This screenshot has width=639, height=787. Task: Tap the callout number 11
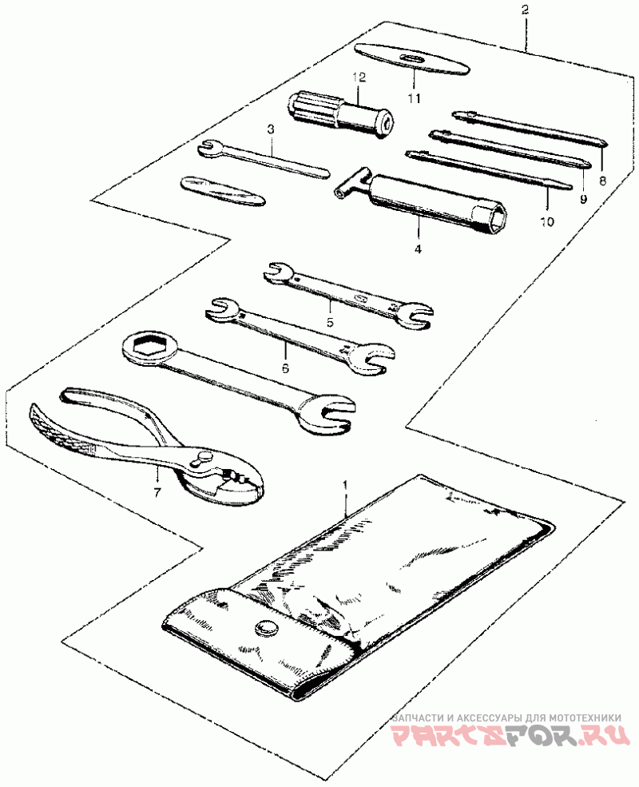pyautogui.click(x=413, y=98)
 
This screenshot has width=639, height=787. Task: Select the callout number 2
pyautogui.click(x=525, y=10)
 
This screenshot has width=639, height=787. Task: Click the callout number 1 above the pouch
pyautogui.click(x=345, y=485)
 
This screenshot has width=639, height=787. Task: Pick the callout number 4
pyautogui.click(x=417, y=249)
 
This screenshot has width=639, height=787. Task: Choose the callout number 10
pyautogui.click(x=546, y=223)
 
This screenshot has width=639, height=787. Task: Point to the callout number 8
pyautogui.click(x=602, y=181)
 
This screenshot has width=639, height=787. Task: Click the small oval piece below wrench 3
pyautogui.click(x=222, y=192)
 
